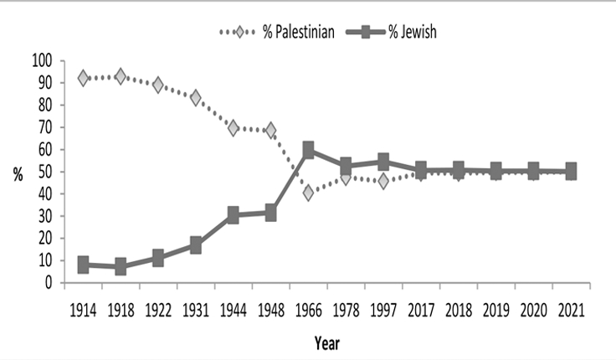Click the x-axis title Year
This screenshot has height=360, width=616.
click(x=326, y=342)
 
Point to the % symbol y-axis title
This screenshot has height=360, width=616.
click(x=17, y=172)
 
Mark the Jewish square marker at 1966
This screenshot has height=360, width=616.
click(x=308, y=151)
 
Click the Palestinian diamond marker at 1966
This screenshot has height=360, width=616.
click(x=308, y=193)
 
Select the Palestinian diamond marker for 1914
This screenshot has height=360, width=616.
click(x=83, y=78)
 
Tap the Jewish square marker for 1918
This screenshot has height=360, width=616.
click(x=121, y=267)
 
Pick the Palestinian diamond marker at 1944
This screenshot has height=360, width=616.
click(x=233, y=128)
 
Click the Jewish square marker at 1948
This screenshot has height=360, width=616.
click(x=270, y=213)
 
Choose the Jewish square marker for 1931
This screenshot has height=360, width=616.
click(x=195, y=245)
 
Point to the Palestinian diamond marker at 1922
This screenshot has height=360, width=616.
click(x=158, y=85)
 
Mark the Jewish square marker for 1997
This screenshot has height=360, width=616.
click(x=383, y=162)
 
